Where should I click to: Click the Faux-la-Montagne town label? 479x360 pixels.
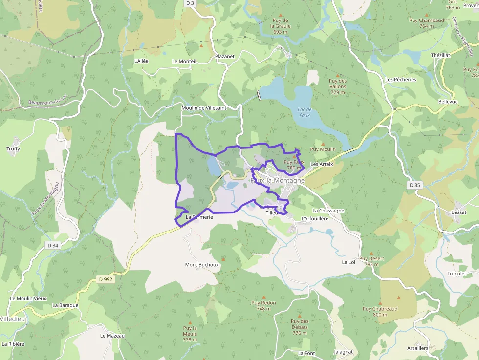tap(277, 180)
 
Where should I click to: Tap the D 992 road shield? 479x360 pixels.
tap(105, 279)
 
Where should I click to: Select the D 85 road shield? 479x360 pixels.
tap(414, 185)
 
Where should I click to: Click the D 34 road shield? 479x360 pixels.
tap(53, 245)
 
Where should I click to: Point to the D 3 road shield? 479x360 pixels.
tap(190, 3)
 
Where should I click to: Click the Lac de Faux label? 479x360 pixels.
tap(305, 112)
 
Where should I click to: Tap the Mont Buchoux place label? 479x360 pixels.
tap(201, 265)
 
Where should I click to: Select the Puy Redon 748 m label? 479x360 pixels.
tap(263, 306)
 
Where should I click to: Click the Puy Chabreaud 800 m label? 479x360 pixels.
tap(380, 312)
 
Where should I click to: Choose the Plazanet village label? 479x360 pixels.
tap(225, 56)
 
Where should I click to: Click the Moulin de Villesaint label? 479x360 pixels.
tap(204, 108)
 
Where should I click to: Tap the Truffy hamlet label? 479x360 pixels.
tap(13, 148)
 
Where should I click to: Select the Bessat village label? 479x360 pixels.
tap(459, 212)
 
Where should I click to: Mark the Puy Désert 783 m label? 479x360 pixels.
tap(371, 261)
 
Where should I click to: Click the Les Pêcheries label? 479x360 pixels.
tap(400, 79)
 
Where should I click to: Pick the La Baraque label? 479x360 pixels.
tap(65, 305)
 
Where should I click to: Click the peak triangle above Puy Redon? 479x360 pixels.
tap(264, 297)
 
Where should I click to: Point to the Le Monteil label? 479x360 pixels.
tap(184, 61)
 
